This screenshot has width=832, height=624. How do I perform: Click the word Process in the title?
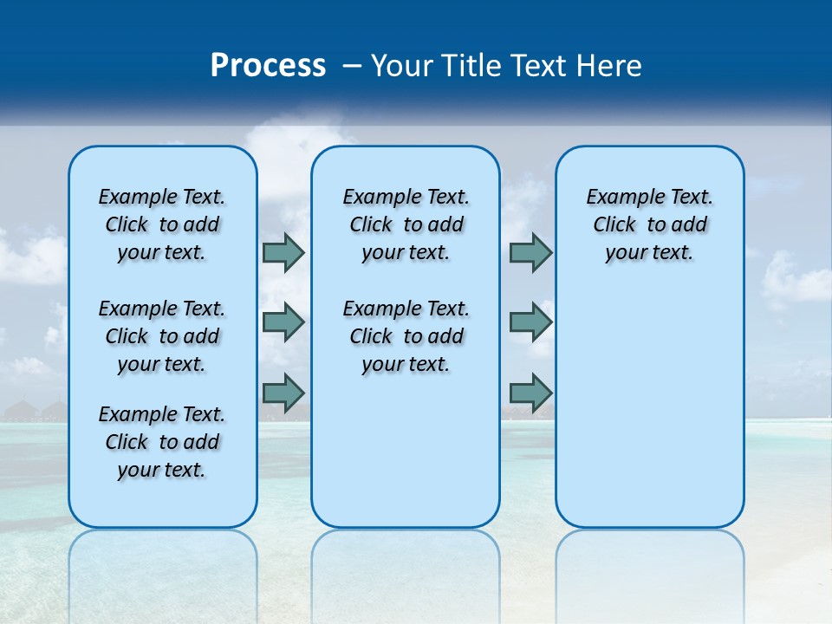(x=268, y=66)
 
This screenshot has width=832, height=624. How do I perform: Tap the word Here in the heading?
(x=610, y=66)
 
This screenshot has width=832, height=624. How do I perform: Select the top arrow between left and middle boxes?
(x=283, y=253)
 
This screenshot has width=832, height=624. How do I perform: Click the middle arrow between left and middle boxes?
(x=283, y=322)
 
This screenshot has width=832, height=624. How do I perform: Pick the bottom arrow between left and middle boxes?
(x=283, y=393)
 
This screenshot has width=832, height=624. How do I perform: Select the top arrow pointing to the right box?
(x=530, y=253)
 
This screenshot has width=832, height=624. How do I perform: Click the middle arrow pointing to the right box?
(x=530, y=322)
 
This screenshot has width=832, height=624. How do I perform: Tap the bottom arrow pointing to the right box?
(x=530, y=393)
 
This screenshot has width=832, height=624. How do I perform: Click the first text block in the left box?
(x=162, y=224)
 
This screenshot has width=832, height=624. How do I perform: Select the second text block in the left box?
(x=162, y=336)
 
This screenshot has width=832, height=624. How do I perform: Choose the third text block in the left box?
(x=162, y=442)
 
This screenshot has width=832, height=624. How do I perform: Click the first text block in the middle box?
(x=406, y=224)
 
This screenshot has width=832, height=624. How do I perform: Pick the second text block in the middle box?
(x=406, y=336)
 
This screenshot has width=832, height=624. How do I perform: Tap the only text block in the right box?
(x=650, y=224)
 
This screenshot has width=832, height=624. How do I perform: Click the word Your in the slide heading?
(x=402, y=66)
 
